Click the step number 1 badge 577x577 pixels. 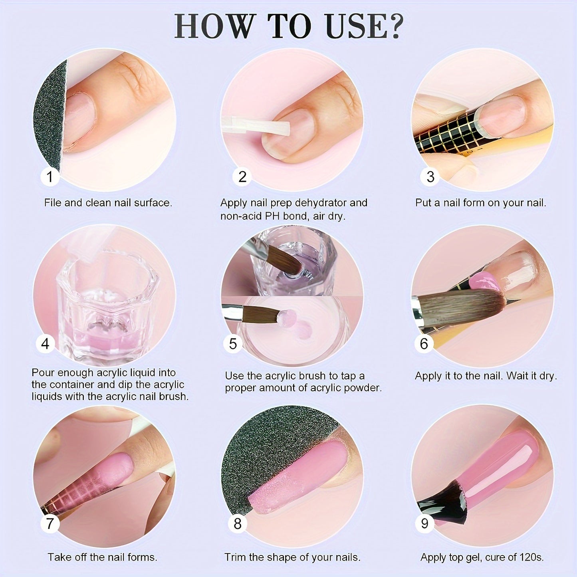coord(50,176)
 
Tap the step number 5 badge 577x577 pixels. coord(233,343)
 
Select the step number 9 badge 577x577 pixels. coord(424,523)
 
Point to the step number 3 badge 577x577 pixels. coord(430,176)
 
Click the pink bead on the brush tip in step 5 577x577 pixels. coord(287,318)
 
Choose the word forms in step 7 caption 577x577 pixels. coord(141,557)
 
